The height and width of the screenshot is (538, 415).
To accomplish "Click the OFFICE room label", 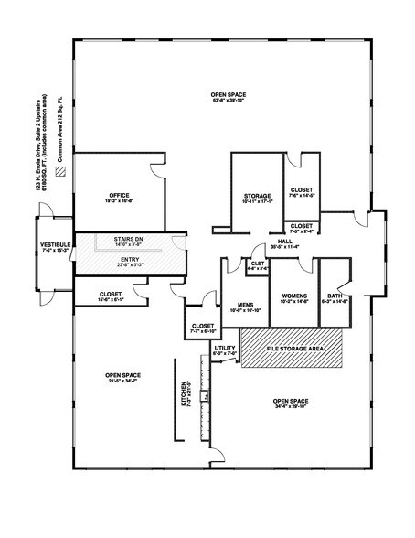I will pos(118,195).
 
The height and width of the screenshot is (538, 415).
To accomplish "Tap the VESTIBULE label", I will pos(56,245).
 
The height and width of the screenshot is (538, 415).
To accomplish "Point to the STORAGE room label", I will pos(257,196).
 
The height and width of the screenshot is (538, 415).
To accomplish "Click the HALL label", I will pos(285,241).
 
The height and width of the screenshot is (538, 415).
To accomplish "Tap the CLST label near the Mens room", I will pos(258,264).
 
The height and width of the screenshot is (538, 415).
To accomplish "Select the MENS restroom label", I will pos(245,305).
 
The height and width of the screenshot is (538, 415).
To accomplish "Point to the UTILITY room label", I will pos(225,349).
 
